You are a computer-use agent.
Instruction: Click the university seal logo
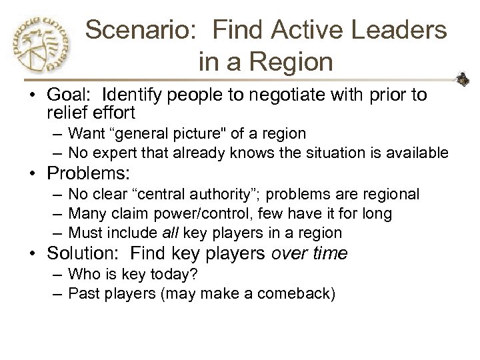pyautogui.click(x=42, y=45)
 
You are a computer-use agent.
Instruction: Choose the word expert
pyautogui.click(x=121, y=153)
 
